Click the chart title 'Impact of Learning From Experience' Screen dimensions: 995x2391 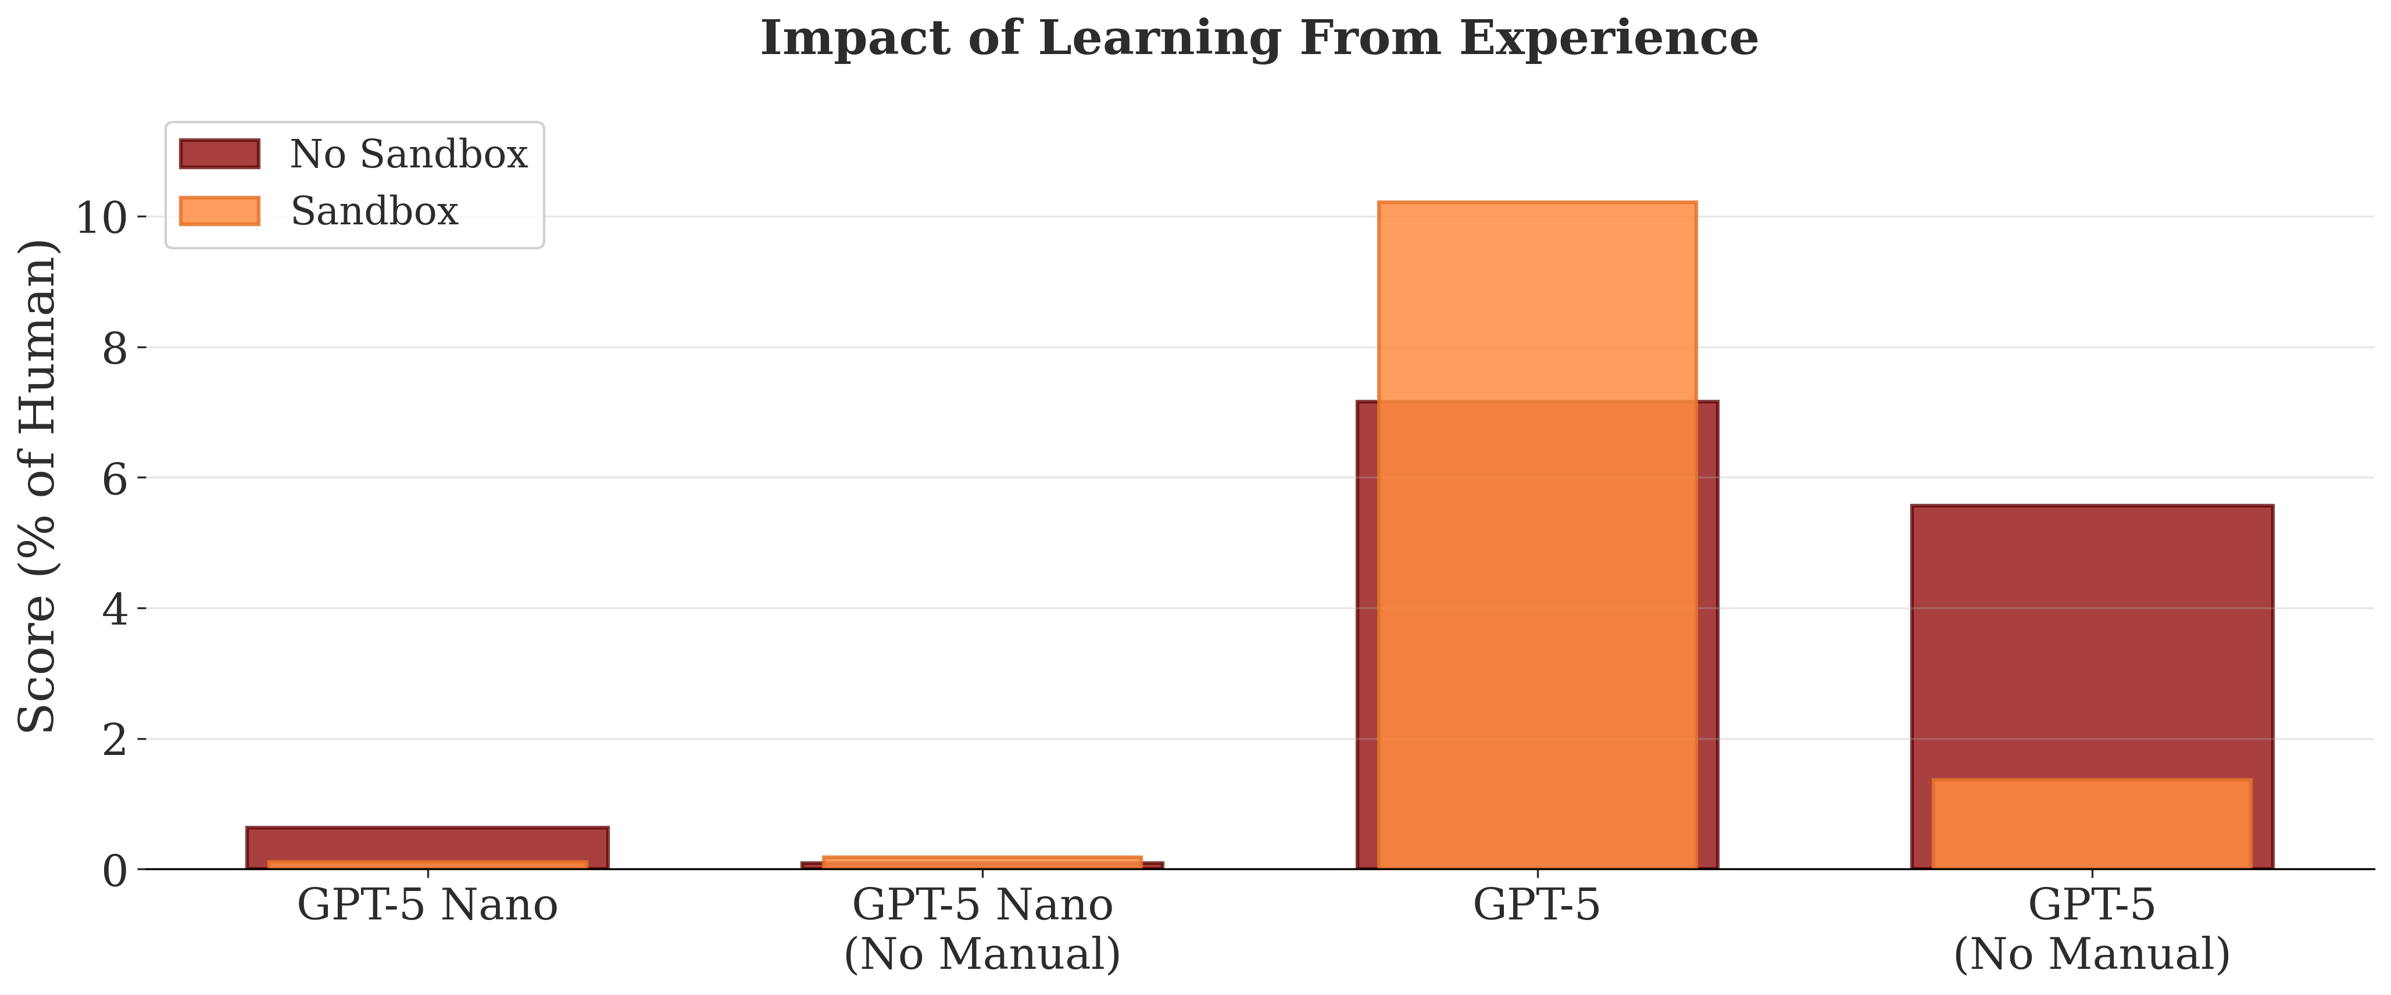point(1259,39)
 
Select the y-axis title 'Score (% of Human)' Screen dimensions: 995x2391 point(39,485)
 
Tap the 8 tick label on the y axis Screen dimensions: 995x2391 point(113,349)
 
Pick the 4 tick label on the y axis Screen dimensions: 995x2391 point(113,610)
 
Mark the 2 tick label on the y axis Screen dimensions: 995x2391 point(113,740)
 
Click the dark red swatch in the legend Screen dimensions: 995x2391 point(219,154)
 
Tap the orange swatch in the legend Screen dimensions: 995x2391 point(219,211)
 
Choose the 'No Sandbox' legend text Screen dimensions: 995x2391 point(409,154)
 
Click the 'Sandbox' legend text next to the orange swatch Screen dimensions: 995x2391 point(374,212)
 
